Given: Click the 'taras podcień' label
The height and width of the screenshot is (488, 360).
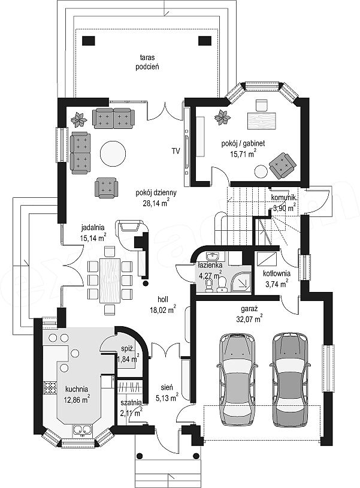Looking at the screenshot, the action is tap(147, 62).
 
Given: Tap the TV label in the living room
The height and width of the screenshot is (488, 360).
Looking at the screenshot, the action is tap(176, 151).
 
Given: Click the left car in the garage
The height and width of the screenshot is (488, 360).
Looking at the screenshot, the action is tap(238, 379).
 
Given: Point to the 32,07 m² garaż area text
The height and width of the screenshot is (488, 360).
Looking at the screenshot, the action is tap(252, 319).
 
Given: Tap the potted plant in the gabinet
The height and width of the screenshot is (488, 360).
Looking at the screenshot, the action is tap(223, 118).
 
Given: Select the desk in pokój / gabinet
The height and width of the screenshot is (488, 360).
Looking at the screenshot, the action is tap(261, 121).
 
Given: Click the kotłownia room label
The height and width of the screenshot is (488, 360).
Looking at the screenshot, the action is tap(277, 273).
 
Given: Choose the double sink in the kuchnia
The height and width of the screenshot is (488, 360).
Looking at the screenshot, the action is tap(82, 429).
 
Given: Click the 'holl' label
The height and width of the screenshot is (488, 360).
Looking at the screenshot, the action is tap(163, 299).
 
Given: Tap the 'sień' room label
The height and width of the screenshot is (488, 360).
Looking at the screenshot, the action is tap(167, 387).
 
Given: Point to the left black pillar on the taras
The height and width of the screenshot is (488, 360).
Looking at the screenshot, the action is tap(88, 41).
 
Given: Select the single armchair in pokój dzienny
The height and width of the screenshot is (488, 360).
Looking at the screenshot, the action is tap(106, 188).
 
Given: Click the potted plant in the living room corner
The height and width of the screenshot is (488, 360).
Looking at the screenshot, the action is tap(79, 120).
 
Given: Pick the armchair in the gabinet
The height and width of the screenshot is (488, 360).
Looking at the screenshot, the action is tap(283, 165).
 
